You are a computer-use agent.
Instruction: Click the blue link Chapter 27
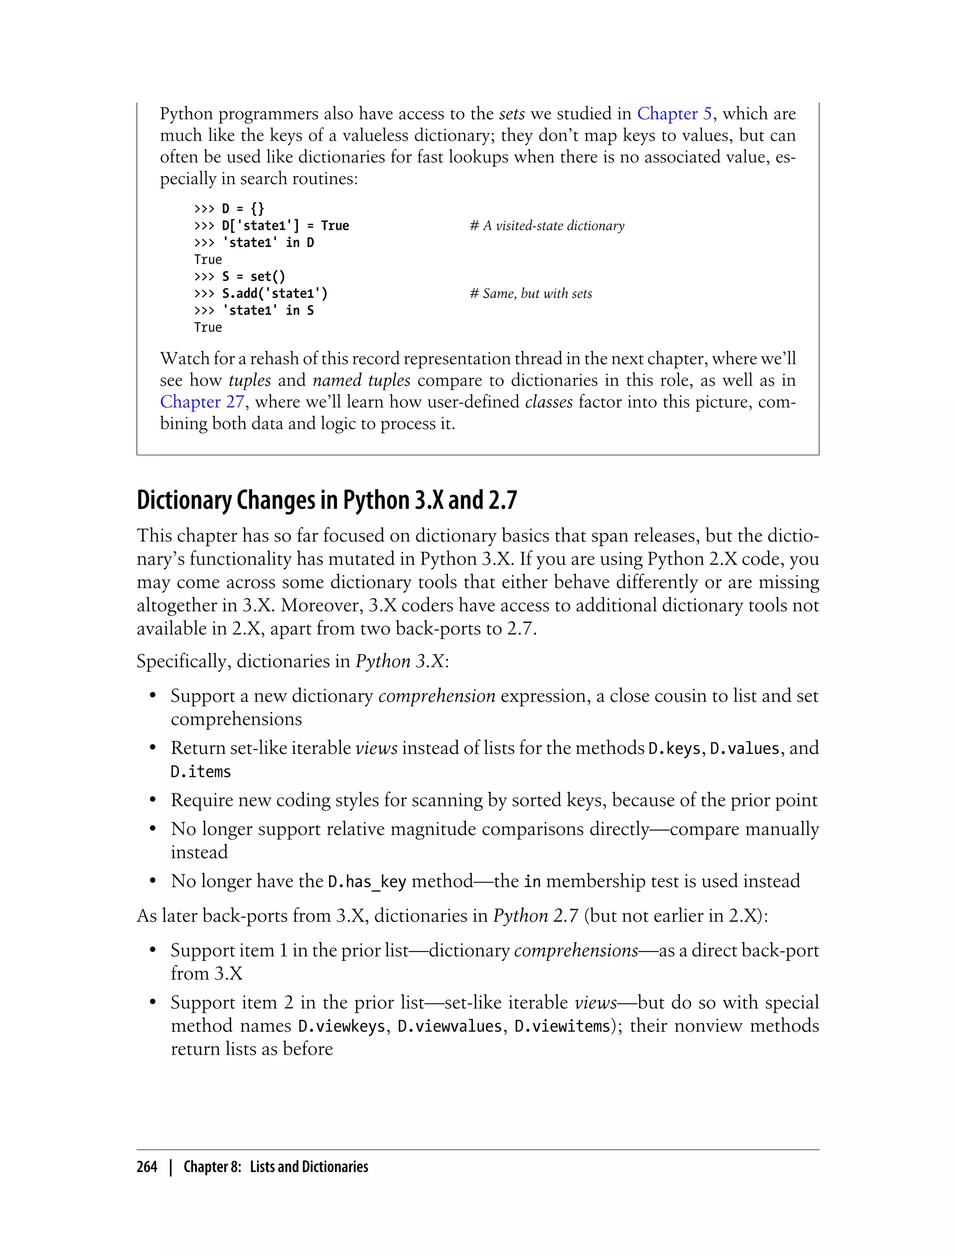tap(202, 402)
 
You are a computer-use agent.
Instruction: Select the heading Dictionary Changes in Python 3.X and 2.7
tap(327, 501)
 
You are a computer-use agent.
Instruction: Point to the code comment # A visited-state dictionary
tap(547, 226)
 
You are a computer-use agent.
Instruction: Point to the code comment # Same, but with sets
tap(530, 294)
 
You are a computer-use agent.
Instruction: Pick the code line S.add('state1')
tap(274, 294)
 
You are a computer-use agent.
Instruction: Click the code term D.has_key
tap(367, 881)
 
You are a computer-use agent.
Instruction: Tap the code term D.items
tap(200, 772)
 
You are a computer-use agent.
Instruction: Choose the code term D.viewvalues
tap(450, 1026)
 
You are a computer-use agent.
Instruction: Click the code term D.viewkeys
tap(341, 1026)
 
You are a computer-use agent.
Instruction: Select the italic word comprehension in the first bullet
tap(436, 696)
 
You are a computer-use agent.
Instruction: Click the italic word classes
tap(548, 402)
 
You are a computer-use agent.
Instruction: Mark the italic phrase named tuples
tap(361, 380)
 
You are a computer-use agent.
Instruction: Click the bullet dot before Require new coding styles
tap(153, 800)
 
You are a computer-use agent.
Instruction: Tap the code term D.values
tap(745, 748)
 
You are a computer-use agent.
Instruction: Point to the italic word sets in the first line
tap(512, 114)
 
